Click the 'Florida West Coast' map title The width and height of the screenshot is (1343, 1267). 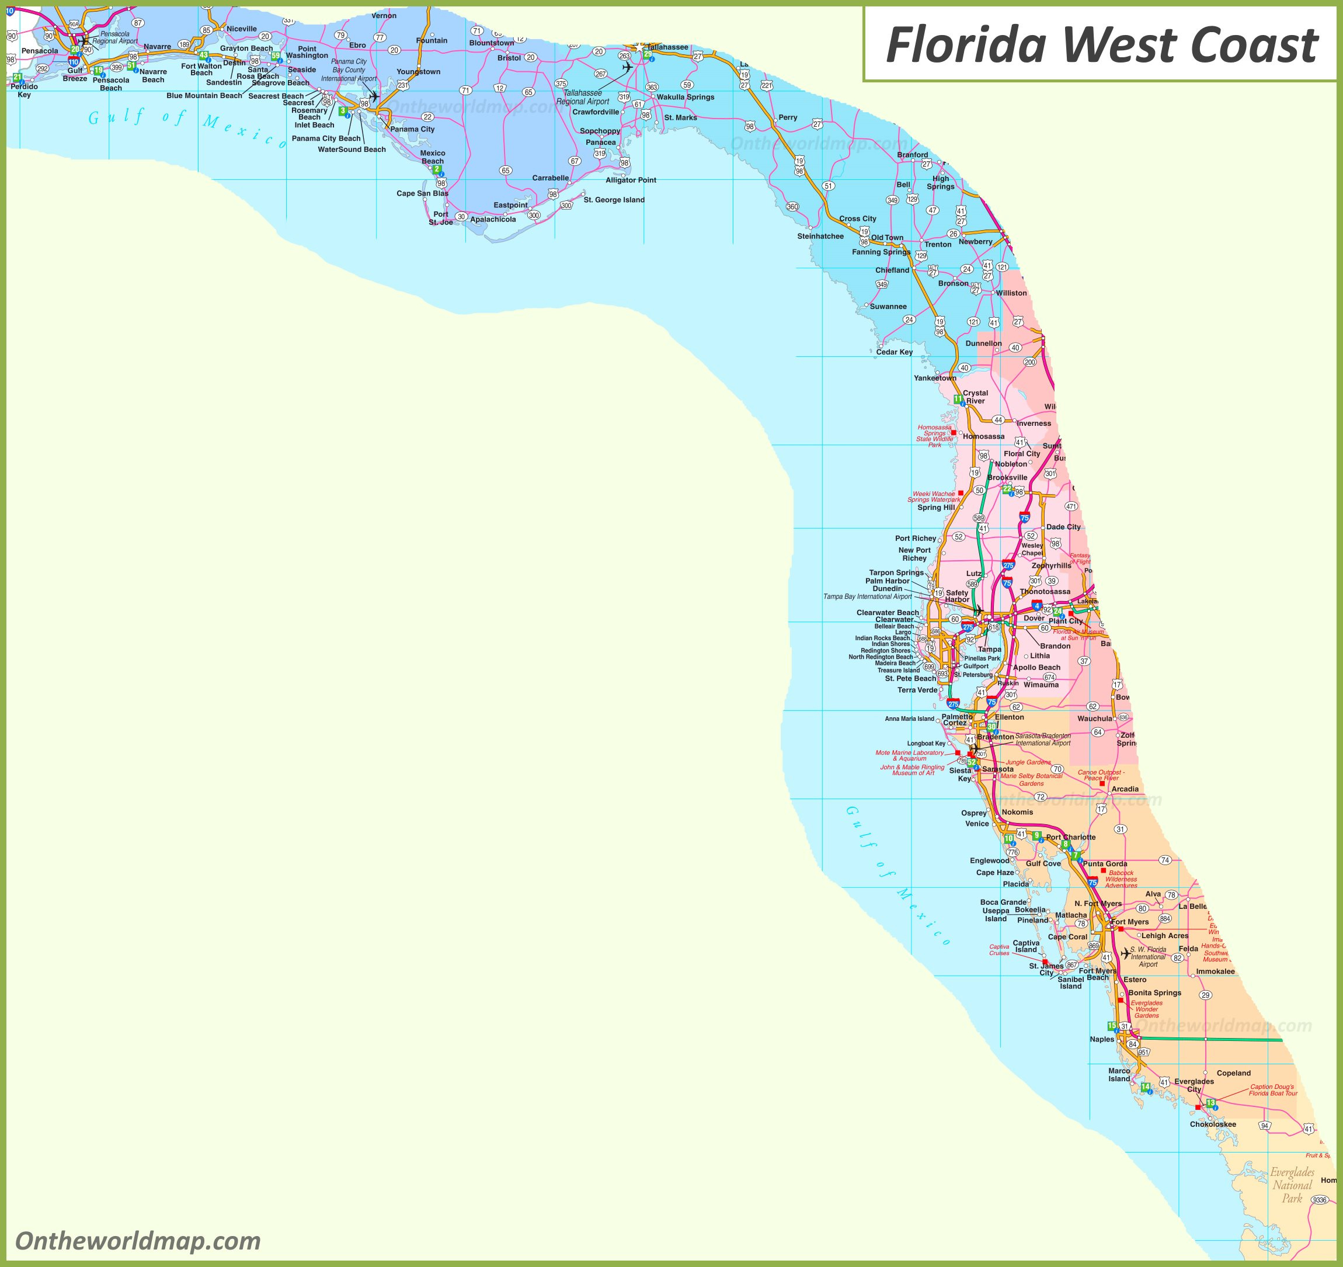tap(1101, 46)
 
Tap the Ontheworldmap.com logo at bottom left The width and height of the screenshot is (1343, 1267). tap(138, 1241)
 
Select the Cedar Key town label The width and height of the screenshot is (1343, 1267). tap(894, 352)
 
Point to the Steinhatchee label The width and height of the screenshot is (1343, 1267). tap(820, 237)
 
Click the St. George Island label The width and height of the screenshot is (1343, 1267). tap(614, 200)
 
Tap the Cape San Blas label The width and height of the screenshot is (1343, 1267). tap(422, 193)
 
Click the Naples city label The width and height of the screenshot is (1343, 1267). tap(1102, 1039)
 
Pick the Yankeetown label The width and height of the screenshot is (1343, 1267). tap(935, 379)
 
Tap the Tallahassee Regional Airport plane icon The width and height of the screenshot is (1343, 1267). tap(627, 68)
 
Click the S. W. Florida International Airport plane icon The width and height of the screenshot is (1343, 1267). tap(1125, 953)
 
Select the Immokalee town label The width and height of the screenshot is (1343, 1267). tap(1215, 971)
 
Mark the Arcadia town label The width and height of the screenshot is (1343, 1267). tap(1125, 789)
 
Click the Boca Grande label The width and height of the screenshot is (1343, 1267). tap(1003, 902)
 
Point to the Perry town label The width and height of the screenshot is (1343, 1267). tap(788, 117)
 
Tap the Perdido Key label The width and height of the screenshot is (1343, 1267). tap(25, 91)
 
